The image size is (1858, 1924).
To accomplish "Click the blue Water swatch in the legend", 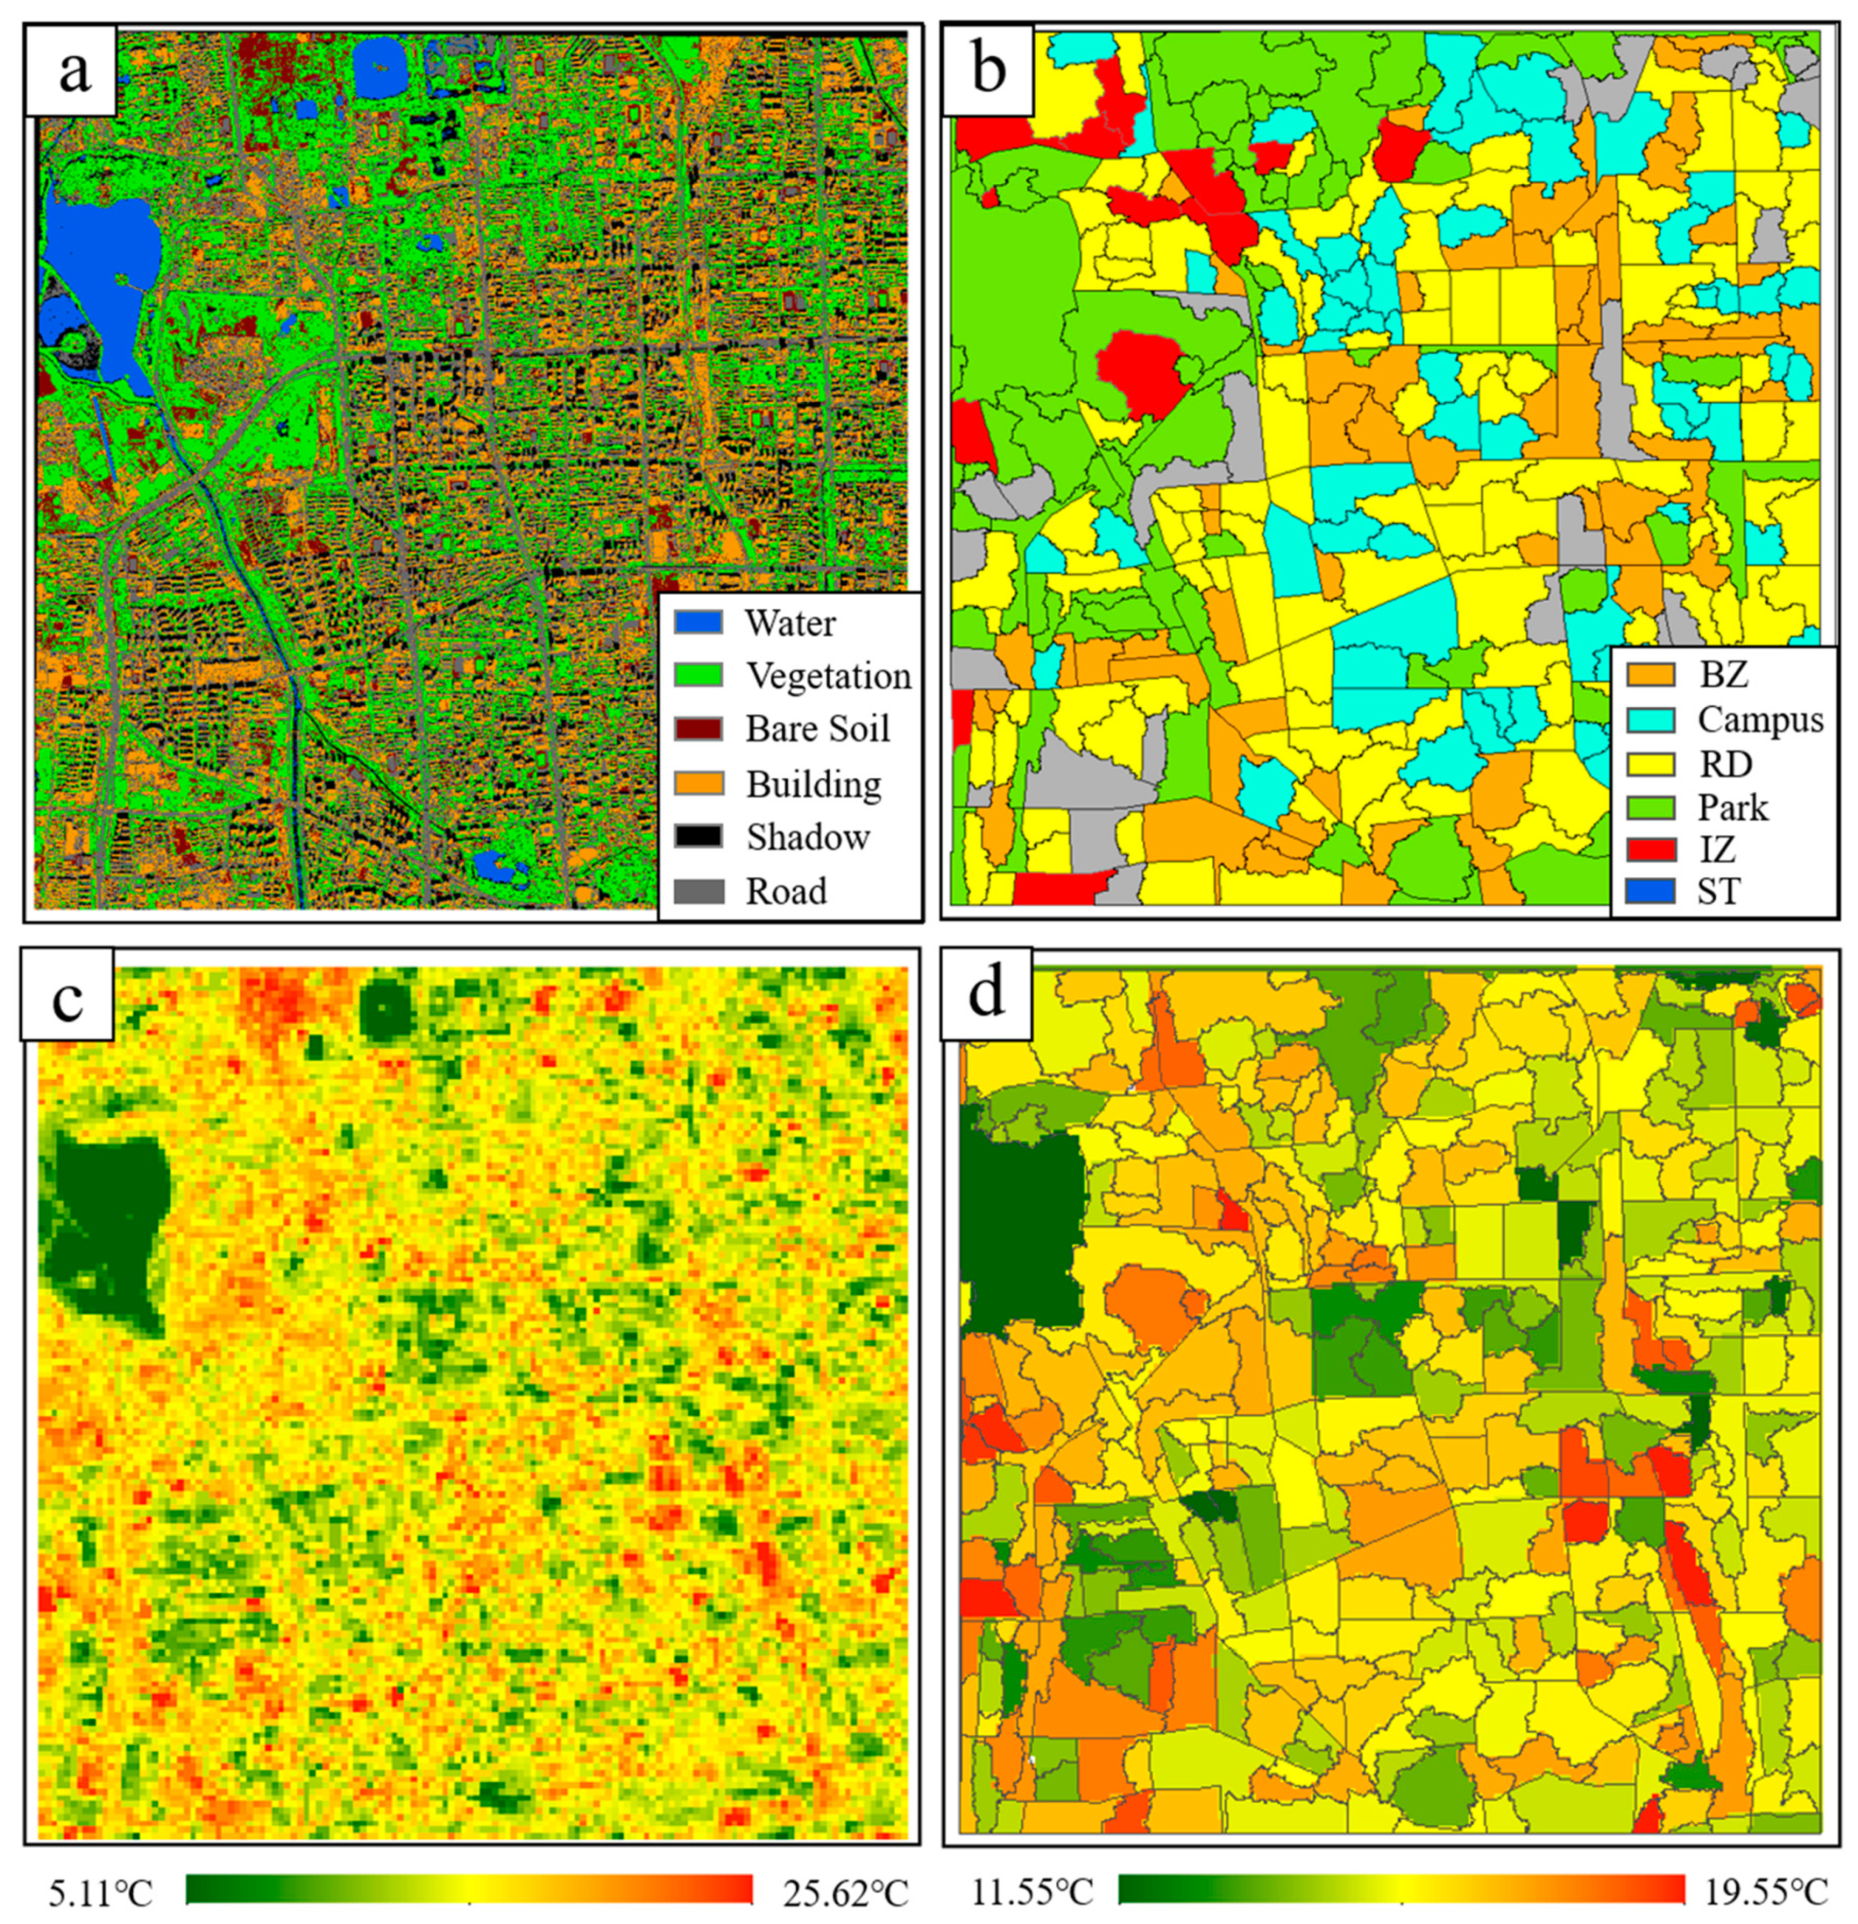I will click(698, 622).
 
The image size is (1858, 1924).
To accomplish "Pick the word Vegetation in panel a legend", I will click(828, 676).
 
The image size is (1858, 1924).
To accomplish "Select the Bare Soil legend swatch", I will click(698, 729).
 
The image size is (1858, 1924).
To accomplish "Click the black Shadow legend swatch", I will click(698, 836).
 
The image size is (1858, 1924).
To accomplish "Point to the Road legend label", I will click(786, 890).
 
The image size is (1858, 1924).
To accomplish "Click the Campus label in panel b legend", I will click(1760, 720).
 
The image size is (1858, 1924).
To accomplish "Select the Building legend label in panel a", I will click(813, 783).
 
